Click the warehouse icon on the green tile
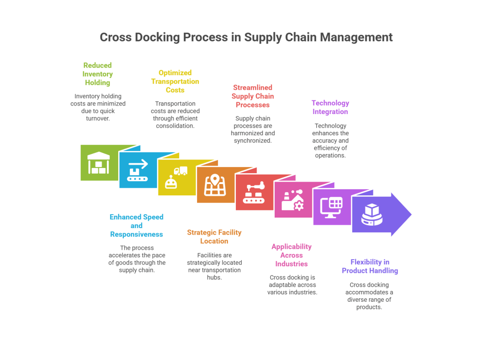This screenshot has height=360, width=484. (x=99, y=163)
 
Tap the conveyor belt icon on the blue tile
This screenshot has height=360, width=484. (x=138, y=170)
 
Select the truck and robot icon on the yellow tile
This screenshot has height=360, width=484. (x=175, y=178)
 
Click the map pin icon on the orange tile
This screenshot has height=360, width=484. (x=215, y=185)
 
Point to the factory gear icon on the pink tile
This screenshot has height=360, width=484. (x=293, y=200)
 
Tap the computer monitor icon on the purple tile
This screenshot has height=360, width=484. (x=331, y=207)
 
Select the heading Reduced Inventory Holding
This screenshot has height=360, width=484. (x=97, y=74)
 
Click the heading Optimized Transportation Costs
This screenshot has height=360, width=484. (x=175, y=81)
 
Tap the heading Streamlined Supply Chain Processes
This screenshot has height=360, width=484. (x=252, y=96)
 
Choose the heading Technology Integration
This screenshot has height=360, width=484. (x=330, y=107)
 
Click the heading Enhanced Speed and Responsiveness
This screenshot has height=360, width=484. (x=136, y=226)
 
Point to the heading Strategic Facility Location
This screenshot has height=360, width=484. (x=214, y=237)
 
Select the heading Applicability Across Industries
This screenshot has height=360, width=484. (x=292, y=255)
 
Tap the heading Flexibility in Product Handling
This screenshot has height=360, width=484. (x=370, y=266)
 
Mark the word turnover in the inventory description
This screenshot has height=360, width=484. (x=98, y=118)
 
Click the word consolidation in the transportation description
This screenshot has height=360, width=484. (x=175, y=126)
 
